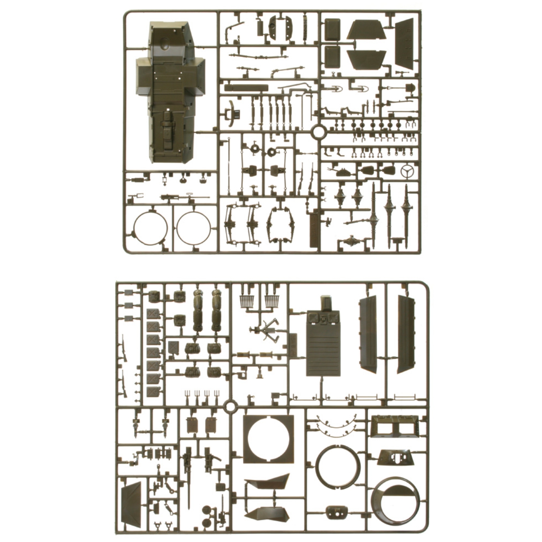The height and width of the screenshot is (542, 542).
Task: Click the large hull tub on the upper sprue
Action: tap(168, 92)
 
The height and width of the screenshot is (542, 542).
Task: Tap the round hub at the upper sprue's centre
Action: tap(317, 131)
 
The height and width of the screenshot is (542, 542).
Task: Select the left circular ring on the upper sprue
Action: tap(150, 228)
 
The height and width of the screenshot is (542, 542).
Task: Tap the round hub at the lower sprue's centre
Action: tap(230, 407)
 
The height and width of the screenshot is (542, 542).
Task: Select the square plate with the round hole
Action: tap(268, 439)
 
